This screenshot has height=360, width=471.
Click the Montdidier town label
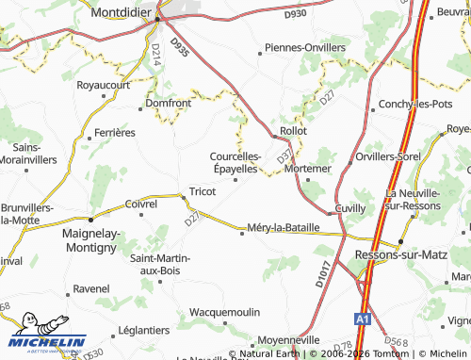click(124, 14)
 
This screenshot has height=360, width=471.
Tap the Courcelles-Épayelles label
click(235, 162)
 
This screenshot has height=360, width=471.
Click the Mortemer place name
click(307, 168)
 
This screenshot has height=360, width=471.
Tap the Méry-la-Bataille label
click(283, 227)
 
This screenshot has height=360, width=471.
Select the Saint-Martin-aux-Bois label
click(159, 264)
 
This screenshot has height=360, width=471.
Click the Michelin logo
click(47, 341)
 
